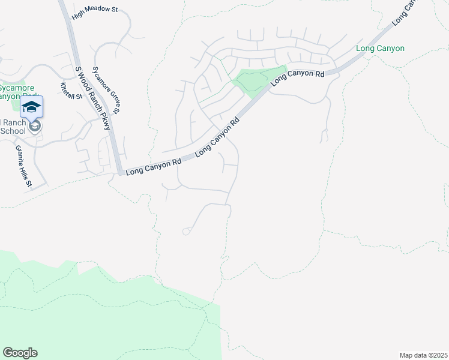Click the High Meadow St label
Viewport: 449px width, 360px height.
click(95, 13)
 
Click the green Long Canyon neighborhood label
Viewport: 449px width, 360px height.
click(380, 48)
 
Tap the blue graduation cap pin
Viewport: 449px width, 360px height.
click(31, 108)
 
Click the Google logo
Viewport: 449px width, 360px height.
click(20, 353)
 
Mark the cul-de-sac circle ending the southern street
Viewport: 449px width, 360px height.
click(186, 232)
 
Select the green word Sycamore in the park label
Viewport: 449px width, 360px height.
click(16, 86)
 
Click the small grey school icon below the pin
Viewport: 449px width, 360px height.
click(35, 126)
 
